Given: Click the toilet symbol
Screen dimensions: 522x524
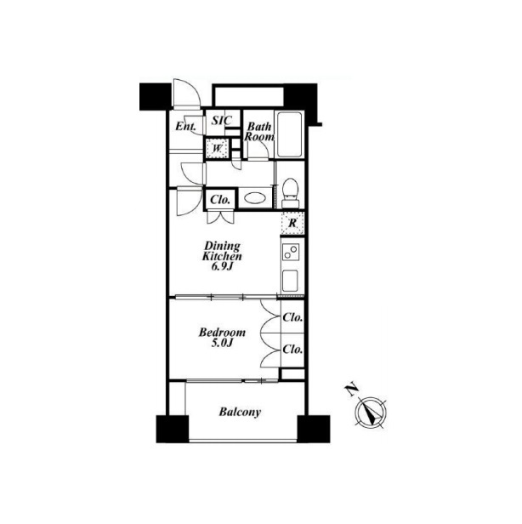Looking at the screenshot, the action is [x=290, y=193].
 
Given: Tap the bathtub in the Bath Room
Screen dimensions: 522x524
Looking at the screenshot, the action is [x=289, y=134].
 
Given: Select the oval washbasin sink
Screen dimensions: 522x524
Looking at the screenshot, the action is [x=255, y=198].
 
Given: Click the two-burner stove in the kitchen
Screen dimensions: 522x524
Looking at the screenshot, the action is [x=291, y=252].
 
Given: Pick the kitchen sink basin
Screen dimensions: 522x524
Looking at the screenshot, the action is [x=290, y=281].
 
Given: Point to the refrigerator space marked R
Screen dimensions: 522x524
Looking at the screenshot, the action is [x=292, y=223].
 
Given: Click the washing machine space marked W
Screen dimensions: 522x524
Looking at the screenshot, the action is [x=217, y=148].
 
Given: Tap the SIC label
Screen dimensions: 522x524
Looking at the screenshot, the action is [x=222, y=120].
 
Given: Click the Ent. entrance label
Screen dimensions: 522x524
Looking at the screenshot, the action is [x=185, y=126].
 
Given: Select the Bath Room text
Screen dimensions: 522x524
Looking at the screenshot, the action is [x=259, y=132].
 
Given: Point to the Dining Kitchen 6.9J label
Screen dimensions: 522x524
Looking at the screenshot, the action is [x=222, y=256].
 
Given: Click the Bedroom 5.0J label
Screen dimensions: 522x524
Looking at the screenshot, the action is [x=222, y=338].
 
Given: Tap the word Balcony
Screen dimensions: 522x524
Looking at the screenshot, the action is [x=240, y=412].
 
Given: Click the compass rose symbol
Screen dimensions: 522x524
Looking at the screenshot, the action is [x=371, y=412].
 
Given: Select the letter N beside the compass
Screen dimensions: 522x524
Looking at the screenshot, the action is [x=351, y=390].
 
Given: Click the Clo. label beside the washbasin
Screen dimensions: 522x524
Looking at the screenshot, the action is [x=220, y=200].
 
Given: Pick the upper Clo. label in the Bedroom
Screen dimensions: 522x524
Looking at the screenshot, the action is [x=292, y=317].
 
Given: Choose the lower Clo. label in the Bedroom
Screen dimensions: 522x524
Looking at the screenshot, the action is [x=292, y=350].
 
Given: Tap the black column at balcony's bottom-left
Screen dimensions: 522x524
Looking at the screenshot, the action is [x=173, y=429].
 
